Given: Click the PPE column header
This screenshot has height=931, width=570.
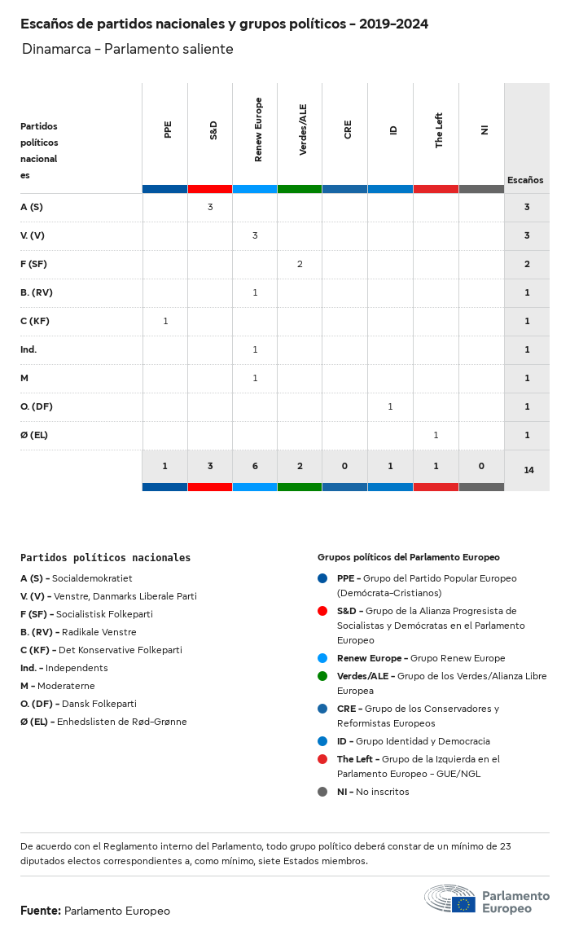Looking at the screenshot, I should (168, 130).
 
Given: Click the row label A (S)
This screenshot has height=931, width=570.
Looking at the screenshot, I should (32, 207).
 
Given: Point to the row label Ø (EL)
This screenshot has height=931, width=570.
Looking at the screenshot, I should (34, 435).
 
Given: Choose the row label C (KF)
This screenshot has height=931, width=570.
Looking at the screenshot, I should (35, 321).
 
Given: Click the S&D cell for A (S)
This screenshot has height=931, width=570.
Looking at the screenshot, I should (210, 207).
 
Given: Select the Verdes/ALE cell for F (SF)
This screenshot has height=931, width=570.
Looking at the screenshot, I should (300, 264).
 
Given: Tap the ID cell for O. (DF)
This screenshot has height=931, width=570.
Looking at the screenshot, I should (390, 406).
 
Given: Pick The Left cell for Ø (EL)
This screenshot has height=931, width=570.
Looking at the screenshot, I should (436, 435).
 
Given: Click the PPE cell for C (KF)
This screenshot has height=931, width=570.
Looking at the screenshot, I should (165, 321).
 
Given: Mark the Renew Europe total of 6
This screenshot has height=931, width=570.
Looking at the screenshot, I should (255, 466).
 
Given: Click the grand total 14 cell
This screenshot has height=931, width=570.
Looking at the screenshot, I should (528, 470).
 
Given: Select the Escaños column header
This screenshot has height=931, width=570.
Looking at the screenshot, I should (525, 180).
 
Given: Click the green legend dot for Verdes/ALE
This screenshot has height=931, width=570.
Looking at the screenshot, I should (322, 676).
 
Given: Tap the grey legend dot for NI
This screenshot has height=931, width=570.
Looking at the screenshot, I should (322, 792).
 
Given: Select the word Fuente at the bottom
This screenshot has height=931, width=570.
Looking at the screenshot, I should (41, 911).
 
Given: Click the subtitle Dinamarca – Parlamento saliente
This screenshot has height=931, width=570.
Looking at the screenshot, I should (128, 49).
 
